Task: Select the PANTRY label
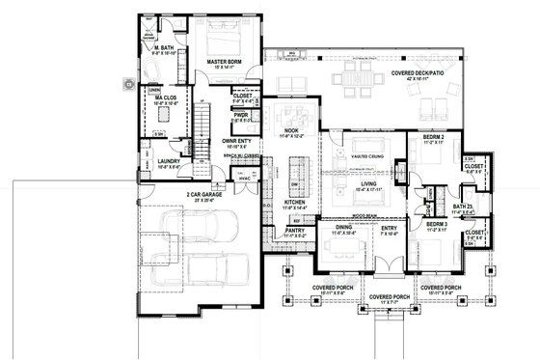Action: point(295,231)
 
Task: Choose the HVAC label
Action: point(245,178)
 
